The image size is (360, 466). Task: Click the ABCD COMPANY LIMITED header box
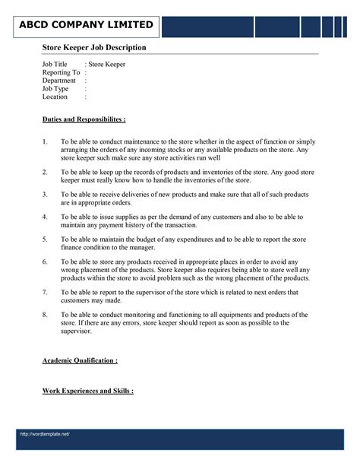[87, 25]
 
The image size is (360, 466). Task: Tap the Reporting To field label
[61, 72]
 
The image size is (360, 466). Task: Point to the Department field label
[58, 81]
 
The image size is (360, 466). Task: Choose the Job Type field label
[55, 89]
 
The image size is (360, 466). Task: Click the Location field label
[55, 97]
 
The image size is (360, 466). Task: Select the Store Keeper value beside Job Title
[107, 65]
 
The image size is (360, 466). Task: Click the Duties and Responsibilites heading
[84, 120]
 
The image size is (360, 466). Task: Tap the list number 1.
[46, 142]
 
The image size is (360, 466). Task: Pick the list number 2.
[46, 173]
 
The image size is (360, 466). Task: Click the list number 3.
[46, 195]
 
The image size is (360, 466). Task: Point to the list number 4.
[46, 217]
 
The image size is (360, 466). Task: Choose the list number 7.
[46, 292]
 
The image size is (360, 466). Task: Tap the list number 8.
[46, 314]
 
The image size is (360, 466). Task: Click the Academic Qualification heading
[80, 360]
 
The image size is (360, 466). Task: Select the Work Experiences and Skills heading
[88, 391]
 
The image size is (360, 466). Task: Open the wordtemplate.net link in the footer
[46, 434]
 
